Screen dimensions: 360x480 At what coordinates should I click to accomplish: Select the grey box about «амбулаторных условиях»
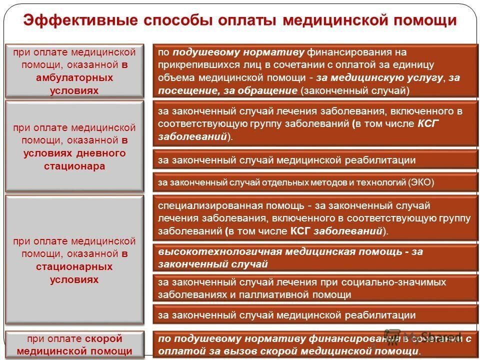pos(74,70)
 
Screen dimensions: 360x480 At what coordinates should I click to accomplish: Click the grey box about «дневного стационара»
pos(74,146)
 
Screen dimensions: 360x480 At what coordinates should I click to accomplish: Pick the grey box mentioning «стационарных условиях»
pos(74,260)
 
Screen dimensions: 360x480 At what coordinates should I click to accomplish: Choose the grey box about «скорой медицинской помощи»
pos(74,344)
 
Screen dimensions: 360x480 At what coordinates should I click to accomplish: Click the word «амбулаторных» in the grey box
pos(74,77)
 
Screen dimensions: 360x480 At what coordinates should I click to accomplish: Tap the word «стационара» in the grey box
pos(74,166)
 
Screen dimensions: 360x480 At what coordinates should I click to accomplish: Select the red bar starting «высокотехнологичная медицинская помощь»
pos(315,257)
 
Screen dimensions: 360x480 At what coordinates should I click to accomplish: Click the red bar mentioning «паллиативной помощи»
pos(315,288)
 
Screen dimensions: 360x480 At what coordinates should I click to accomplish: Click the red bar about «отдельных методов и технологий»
pos(315,182)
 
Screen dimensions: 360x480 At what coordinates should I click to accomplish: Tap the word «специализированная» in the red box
pos(198,205)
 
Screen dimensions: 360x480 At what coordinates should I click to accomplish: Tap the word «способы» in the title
pos(173,21)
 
